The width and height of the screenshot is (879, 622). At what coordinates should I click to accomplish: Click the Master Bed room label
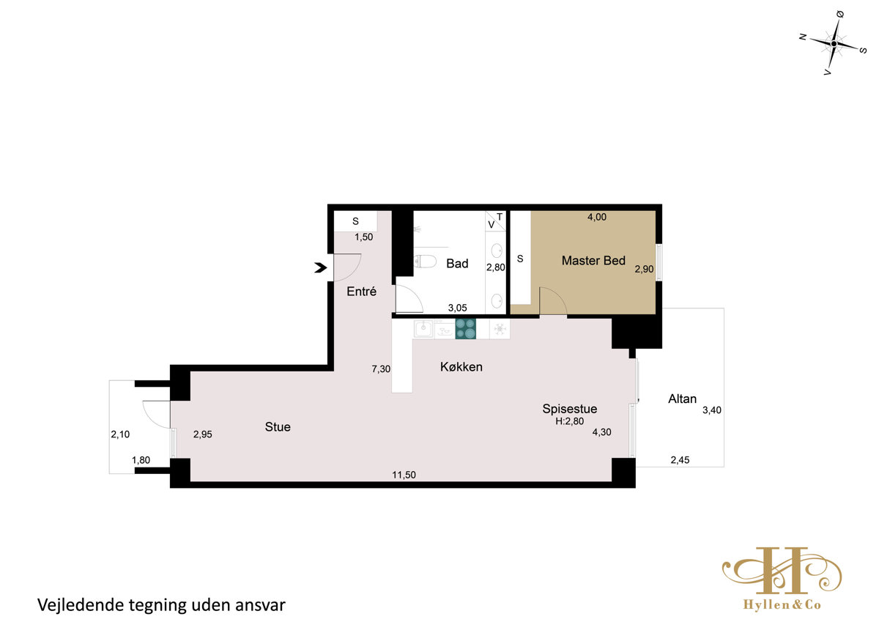[593, 261]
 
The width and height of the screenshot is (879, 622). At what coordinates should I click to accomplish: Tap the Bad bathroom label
[457, 263]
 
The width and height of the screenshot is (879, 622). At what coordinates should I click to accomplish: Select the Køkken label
[461, 367]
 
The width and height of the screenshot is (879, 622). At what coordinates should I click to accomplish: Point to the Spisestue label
[569, 409]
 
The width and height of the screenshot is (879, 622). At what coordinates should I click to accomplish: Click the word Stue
[278, 427]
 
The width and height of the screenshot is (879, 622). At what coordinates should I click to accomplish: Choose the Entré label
[361, 291]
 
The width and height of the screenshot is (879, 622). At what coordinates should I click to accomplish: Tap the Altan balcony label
[683, 399]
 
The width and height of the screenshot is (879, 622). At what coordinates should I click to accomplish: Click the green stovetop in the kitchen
[465, 328]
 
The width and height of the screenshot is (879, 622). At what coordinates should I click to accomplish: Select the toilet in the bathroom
[425, 261]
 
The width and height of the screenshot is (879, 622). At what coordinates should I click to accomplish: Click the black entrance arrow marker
[321, 267]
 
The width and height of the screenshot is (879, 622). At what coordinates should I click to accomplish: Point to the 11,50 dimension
[404, 475]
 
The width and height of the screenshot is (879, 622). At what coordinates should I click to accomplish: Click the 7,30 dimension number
[381, 369]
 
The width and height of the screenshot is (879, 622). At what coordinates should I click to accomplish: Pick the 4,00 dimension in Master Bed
[597, 217]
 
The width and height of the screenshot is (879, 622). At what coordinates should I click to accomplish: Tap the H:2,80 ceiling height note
[569, 421]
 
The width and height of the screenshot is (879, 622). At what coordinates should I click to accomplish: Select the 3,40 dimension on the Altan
[712, 410]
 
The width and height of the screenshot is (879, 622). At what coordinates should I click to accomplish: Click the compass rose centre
[834, 43]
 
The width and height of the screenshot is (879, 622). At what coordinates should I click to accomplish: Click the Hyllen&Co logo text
[782, 604]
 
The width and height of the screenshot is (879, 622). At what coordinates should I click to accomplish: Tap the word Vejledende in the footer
[81, 604]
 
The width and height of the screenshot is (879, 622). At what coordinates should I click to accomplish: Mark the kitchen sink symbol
[424, 328]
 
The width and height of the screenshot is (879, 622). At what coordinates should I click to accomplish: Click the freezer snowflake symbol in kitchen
[500, 329]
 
